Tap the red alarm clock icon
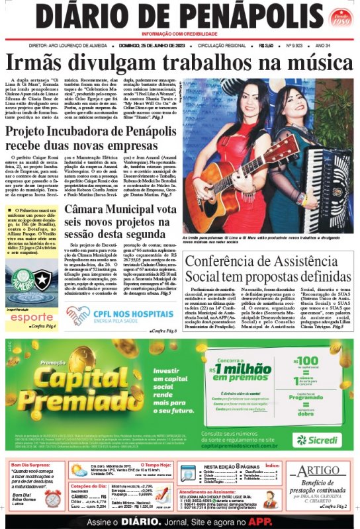pos(52,498)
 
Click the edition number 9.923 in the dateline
pos(294,45)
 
